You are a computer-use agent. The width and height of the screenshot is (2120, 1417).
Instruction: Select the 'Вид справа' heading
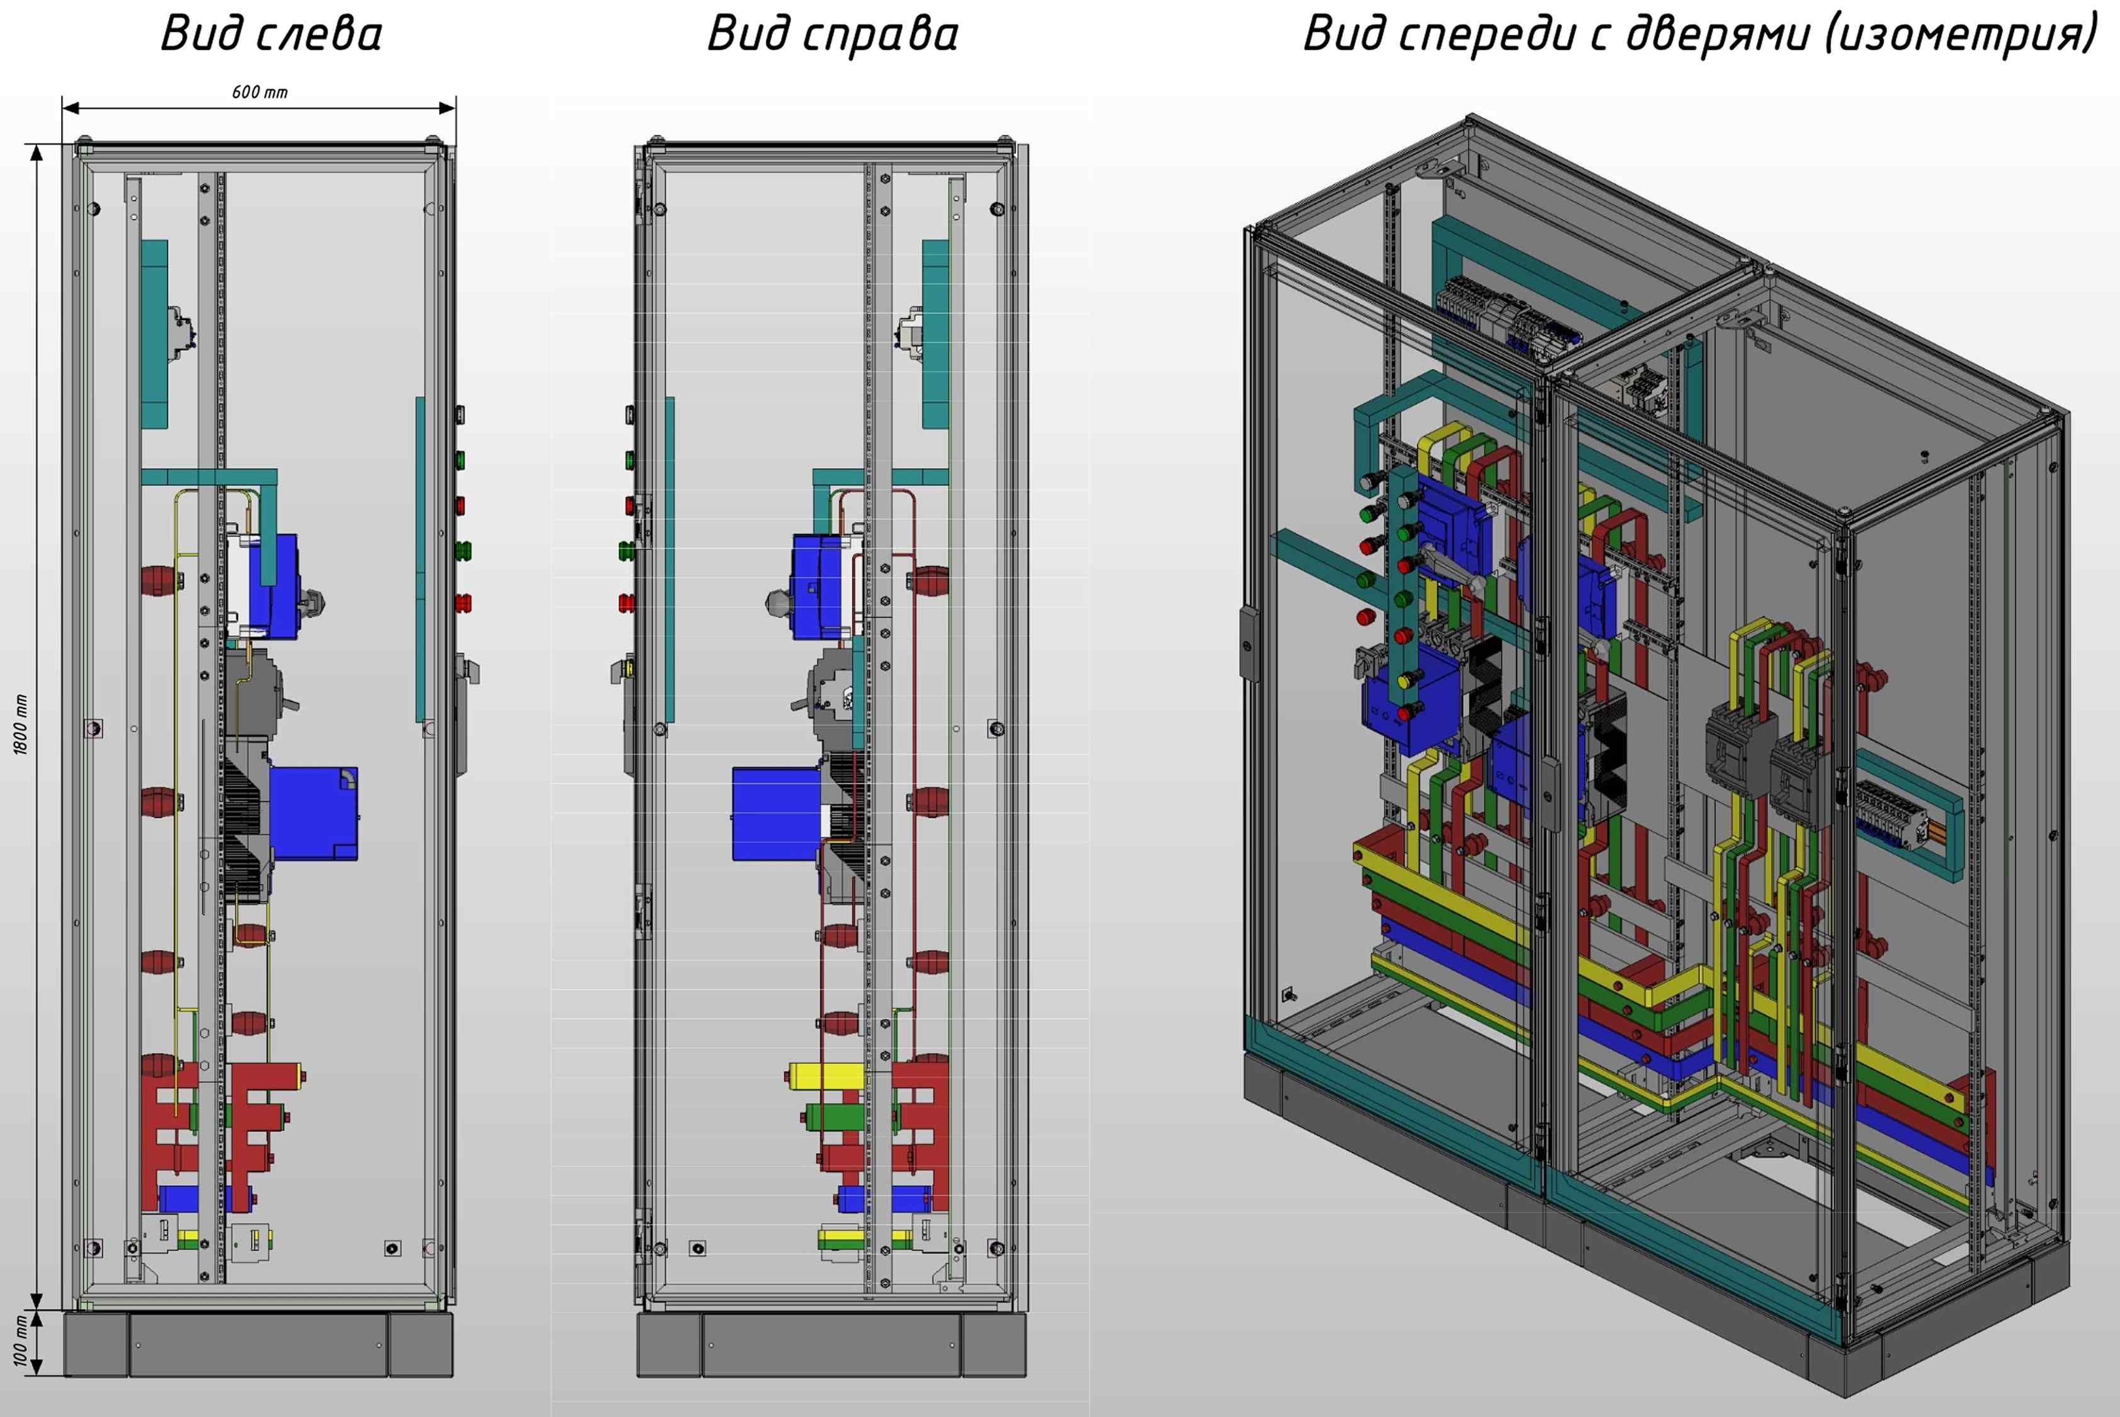pyautogui.click(x=832, y=35)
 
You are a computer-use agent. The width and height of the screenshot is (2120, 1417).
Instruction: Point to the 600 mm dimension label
pyautogui.click(x=259, y=92)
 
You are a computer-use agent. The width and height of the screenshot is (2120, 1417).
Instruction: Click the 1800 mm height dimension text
pyautogui.click(x=21, y=725)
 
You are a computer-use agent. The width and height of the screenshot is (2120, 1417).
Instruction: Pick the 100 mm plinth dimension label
pyautogui.click(x=21, y=1340)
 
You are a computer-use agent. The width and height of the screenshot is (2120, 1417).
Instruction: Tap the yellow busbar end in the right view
pyautogui.click(x=826, y=1076)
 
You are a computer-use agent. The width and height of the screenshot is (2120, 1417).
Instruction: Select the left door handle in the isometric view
pyautogui.click(x=1248, y=642)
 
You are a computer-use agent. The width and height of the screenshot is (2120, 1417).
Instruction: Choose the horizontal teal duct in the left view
pyautogui.click(x=208, y=477)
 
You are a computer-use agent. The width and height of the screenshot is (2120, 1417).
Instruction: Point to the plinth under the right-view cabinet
pyautogui.click(x=831, y=1345)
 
